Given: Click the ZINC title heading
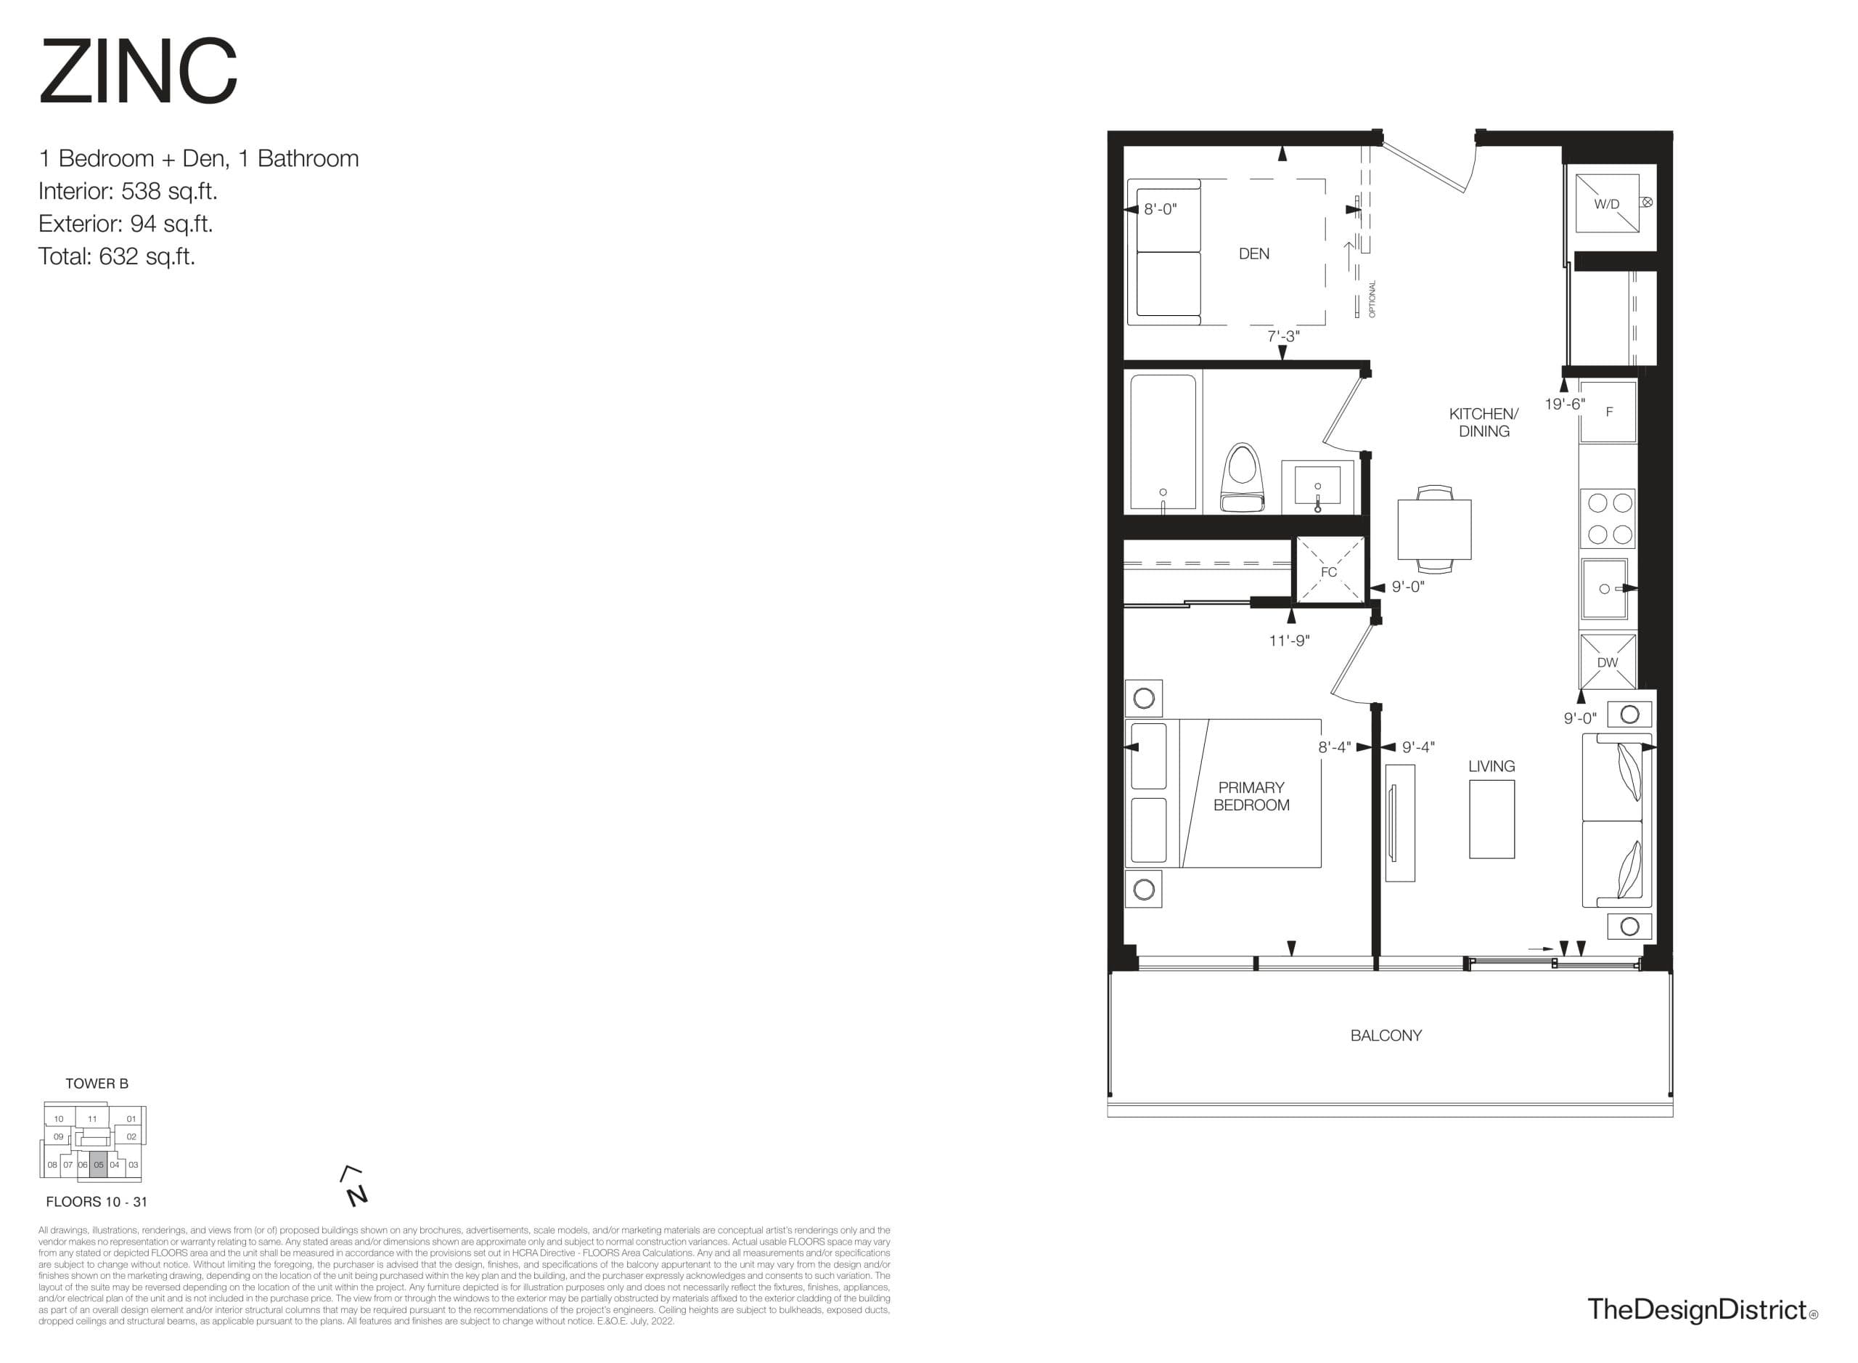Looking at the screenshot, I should [138, 72].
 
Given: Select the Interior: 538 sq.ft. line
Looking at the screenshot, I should [128, 192].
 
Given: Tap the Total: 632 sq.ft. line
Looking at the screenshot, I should [116, 256].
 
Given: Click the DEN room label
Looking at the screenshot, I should [1253, 254].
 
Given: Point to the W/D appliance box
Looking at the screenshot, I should [1605, 203].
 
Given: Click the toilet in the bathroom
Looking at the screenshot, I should [1242, 479].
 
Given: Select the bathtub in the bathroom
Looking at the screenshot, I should [1163, 442].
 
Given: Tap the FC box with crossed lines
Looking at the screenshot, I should [1330, 570].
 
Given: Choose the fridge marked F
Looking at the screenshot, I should [1608, 412].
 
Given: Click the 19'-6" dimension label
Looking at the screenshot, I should [1564, 404].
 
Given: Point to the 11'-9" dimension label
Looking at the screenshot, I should [1289, 640].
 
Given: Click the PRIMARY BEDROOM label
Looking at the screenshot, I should [1251, 796].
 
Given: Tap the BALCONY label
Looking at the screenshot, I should [1386, 1036].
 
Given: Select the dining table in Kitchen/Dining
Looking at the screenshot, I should [1434, 529].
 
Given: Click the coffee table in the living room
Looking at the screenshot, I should [1491, 818].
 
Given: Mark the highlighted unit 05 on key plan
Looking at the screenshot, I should [98, 1164].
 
